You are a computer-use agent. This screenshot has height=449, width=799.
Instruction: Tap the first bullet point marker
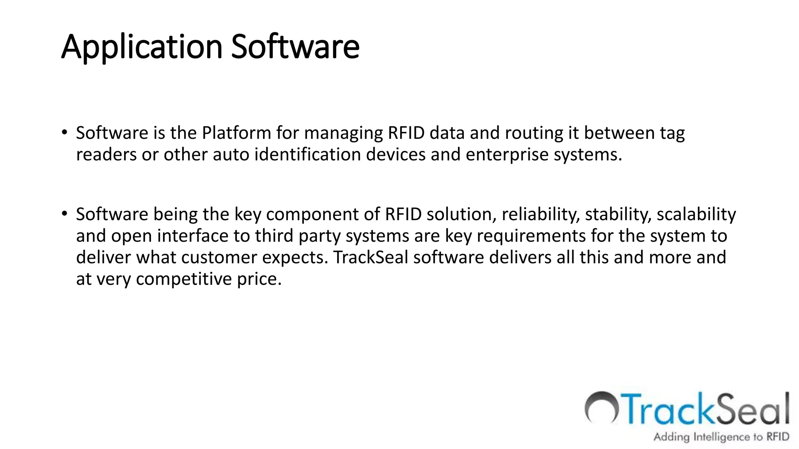pyautogui.click(x=64, y=132)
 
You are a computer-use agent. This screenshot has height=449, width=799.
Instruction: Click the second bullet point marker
pyautogui.click(x=64, y=213)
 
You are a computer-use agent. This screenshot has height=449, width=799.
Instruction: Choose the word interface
pyautogui.click(x=193, y=236)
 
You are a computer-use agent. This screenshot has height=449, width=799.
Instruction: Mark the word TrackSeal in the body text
pyautogui.click(x=371, y=257)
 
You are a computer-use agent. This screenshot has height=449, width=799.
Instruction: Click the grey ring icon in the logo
pyautogui.click(x=601, y=407)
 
